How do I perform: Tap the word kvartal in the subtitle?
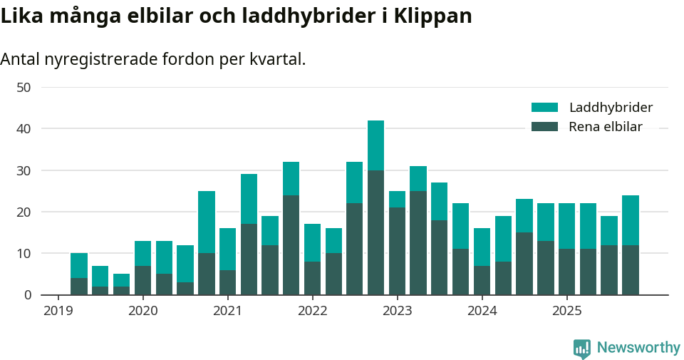click(x=277, y=59)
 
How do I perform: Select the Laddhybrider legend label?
click(x=611, y=108)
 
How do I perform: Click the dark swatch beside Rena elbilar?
click(x=544, y=127)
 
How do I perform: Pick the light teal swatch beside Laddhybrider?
click(x=544, y=108)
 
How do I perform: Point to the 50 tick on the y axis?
click(x=24, y=88)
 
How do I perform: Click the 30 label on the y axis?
click(x=24, y=170)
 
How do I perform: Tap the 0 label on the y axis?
click(x=28, y=294)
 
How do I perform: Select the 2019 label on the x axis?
click(x=58, y=311)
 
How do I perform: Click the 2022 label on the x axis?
click(x=312, y=311)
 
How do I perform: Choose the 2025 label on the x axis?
click(x=566, y=311)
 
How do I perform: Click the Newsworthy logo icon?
click(x=582, y=348)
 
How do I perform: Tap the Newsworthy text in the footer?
click(x=638, y=348)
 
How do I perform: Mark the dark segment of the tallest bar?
click(x=375, y=232)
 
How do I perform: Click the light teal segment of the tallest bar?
click(x=375, y=145)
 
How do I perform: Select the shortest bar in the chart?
click(x=121, y=284)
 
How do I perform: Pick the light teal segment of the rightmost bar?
click(x=630, y=220)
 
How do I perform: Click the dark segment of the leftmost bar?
click(x=79, y=286)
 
